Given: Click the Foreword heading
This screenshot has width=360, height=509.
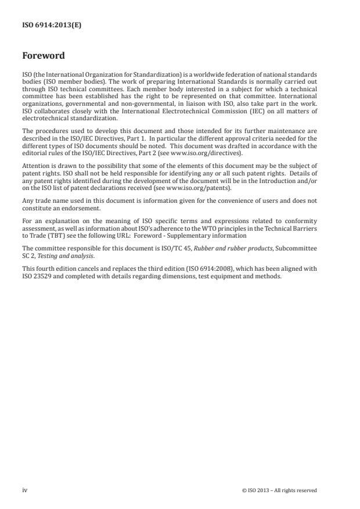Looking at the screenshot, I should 44,56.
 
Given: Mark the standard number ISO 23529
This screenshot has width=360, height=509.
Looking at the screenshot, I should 38,277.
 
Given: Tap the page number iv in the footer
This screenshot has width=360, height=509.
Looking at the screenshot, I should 25,490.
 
